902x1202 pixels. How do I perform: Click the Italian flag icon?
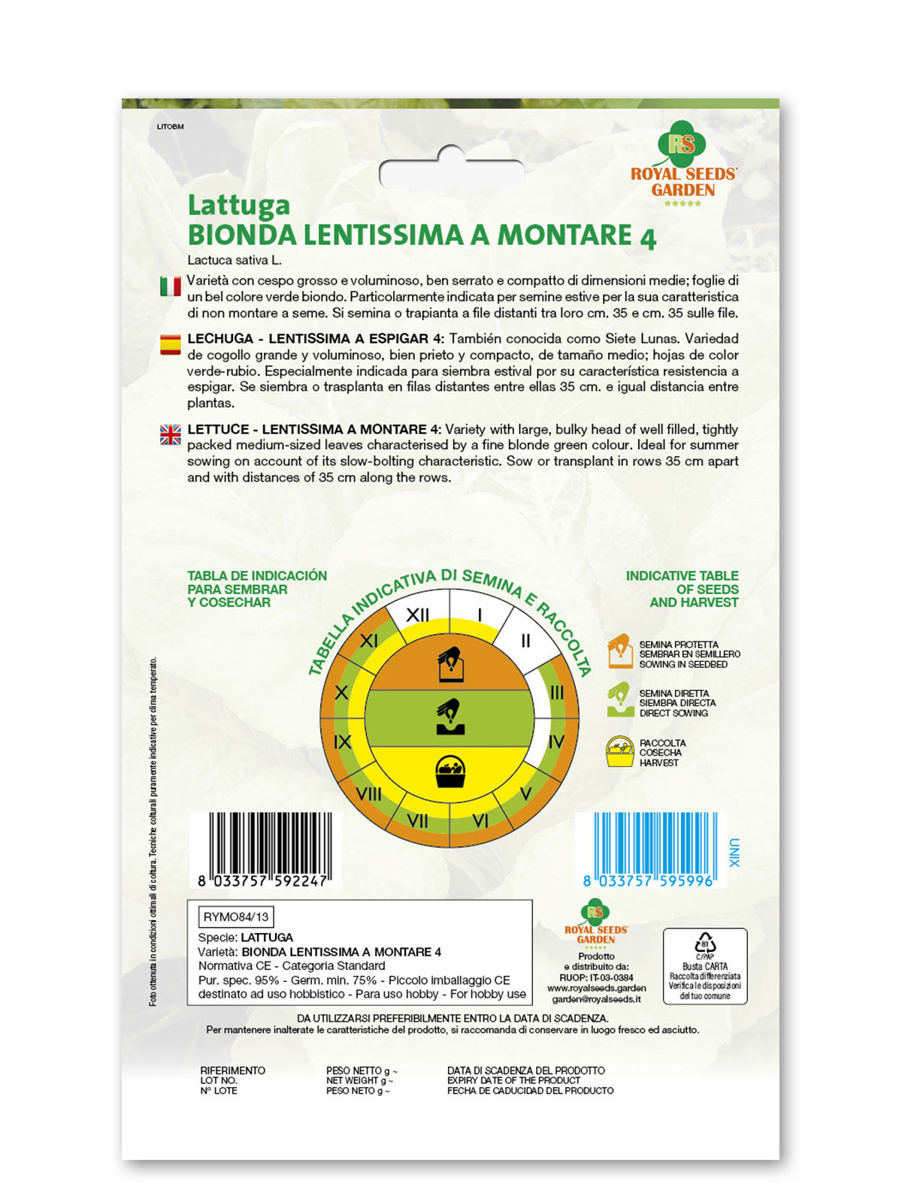pyautogui.click(x=171, y=286)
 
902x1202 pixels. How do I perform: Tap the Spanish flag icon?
pyautogui.click(x=171, y=345)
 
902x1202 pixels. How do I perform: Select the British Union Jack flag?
pyautogui.click(x=171, y=434)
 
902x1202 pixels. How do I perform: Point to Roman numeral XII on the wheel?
pyautogui.click(x=417, y=615)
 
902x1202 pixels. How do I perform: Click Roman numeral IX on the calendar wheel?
pyautogui.click(x=342, y=742)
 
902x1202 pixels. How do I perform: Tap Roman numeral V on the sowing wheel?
pyautogui.click(x=525, y=793)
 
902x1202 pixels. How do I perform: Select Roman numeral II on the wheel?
pyautogui.click(x=525, y=641)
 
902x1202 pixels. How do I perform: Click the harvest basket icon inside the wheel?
pyautogui.click(x=450, y=772)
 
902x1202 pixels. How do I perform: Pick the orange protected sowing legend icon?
pyautogui.click(x=619, y=651)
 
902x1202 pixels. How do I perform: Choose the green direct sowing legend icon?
pyautogui.click(x=619, y=699)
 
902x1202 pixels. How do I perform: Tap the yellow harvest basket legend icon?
pyautogui.click(x=619, y=751)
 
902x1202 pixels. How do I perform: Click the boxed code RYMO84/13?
pyautogui.click(x=235, y=917)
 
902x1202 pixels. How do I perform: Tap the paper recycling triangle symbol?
pyautogui.click(x=704, y=944)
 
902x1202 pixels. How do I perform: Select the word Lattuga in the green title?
pyautogui.click(x=238, y=204)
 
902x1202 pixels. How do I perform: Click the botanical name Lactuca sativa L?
pyautogui.click(x=235, y=261)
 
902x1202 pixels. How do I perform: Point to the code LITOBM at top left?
pyautogui.click(x=170, y=127)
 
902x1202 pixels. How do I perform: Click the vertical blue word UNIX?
pyautogui.click(x=734, y=853)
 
